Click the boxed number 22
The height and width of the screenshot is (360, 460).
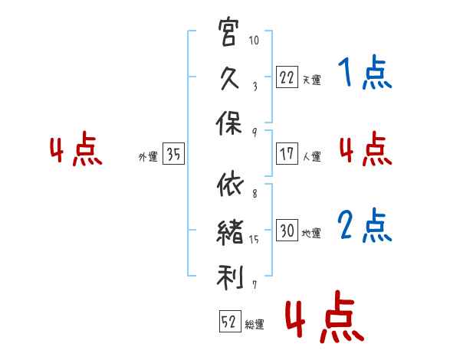287,77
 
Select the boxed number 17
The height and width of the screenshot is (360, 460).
287,154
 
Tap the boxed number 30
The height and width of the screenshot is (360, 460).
287,231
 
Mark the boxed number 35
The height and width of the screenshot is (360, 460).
173,155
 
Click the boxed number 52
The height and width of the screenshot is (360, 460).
228,323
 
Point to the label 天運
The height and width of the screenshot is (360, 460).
311,80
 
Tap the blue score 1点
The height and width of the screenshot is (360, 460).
363,74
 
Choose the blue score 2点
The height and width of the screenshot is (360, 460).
363,226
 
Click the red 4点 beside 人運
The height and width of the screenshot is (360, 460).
363,150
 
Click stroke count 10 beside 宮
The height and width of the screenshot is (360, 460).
255,40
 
